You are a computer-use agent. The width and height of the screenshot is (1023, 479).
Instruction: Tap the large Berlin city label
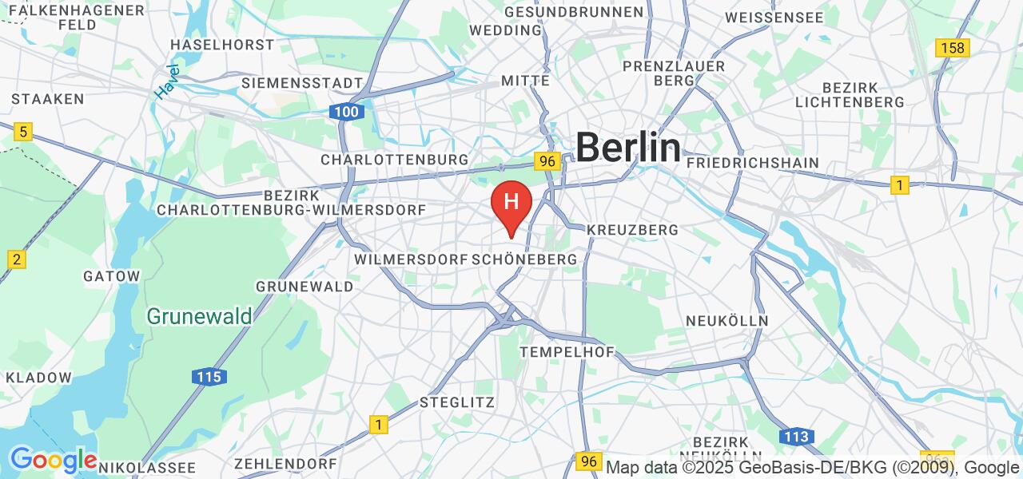click(x=628, y=148)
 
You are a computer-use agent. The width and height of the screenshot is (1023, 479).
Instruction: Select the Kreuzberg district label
click(x=632, y=230)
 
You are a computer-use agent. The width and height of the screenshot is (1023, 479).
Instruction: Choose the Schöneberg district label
click(x=524, y=260)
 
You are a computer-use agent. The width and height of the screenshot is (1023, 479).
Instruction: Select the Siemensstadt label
click(x=302, y=83)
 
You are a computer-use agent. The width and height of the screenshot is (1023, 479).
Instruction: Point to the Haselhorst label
click(x=222, y=45)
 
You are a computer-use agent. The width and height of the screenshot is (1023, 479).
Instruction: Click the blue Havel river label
click(x=168, y=81)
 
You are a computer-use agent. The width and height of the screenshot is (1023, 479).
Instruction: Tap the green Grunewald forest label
click(x=199, y=316)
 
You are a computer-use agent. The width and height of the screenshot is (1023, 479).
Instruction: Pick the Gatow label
click(x=111, y=276)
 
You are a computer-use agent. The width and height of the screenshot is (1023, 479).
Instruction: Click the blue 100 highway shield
click(x=346, y=112)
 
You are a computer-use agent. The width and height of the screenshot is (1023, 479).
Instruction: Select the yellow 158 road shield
click(x=953, y=48)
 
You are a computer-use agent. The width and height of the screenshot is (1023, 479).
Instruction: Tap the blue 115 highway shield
click(x=209, y=377)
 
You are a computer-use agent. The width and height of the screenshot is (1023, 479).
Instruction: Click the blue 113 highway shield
click(x=796, y=437)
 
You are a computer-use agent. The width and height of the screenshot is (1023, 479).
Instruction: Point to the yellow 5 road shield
click(x=23, y=133)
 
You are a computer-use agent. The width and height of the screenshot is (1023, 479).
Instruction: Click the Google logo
click(x=54, y=461)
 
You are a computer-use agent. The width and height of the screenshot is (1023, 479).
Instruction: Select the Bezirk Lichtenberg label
click(x=850, y=94)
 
